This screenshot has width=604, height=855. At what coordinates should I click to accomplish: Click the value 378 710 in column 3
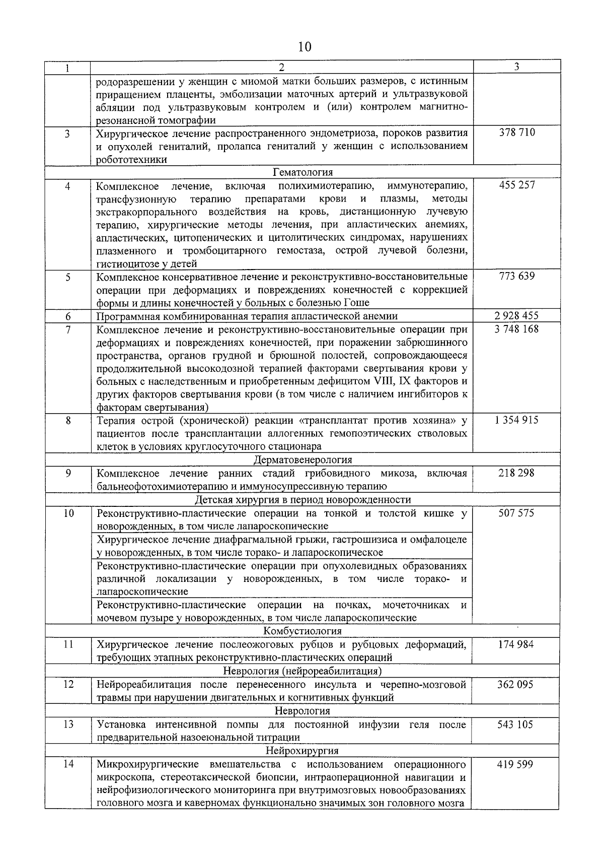coord(517,133)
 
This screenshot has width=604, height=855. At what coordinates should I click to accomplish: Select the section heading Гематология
coord(303,172)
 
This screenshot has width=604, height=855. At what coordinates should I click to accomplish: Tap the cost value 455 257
coord(517,185)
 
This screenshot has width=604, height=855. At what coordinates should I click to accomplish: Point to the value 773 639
coord(517,276)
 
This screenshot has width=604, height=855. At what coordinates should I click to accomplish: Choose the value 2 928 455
coord(517,316)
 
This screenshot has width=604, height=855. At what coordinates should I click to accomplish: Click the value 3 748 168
coord(517,329)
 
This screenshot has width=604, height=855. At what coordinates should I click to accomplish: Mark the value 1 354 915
coord(517,420)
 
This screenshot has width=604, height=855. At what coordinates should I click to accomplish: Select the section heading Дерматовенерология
coord(303,459)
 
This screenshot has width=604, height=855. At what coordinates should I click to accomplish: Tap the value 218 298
coord(517,473)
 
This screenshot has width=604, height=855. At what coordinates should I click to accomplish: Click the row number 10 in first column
coord(68,513)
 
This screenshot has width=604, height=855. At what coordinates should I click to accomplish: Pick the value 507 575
coord(517,513)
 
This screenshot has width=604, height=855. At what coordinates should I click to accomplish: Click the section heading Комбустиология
coord(303,631)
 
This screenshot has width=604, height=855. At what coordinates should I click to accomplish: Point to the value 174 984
coord(517,644)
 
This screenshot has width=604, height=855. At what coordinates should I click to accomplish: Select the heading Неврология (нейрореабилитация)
coord(303,671)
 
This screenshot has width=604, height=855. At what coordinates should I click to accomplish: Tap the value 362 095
coord(517,684)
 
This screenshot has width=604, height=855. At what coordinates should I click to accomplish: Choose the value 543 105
coord(517,724)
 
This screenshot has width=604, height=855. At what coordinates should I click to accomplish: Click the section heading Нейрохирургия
coord(303,751)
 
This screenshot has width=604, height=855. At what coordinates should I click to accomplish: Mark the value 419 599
coord(517,764)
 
